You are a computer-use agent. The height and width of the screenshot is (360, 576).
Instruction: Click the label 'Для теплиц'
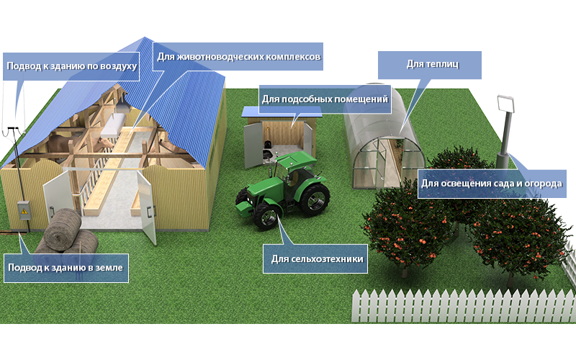pos(433,64)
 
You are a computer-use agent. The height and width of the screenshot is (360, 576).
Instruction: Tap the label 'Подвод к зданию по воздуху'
pos(71,66)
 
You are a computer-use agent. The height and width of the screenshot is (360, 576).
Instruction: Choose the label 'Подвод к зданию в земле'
pos(66,267)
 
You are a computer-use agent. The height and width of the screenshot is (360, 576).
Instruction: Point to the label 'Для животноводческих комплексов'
pos(239,57)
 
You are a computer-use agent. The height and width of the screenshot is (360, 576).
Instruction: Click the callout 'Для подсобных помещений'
pos(325,99)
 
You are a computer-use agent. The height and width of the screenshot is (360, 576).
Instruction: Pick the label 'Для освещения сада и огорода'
pos(492,184)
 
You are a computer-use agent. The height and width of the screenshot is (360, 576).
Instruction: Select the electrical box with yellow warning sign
pos(24,210)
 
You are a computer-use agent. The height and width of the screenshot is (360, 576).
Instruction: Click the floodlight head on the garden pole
pos(505,104)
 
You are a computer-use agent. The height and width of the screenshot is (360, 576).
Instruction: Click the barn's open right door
pos(147,207)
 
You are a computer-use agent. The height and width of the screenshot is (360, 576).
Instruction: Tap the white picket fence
pos(464,305)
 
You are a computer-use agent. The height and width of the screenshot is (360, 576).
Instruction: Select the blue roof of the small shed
pos(282,112)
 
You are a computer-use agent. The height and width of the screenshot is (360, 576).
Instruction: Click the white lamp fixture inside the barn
pos(113,125)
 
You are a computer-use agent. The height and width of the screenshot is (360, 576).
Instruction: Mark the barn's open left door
pos(58,194)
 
